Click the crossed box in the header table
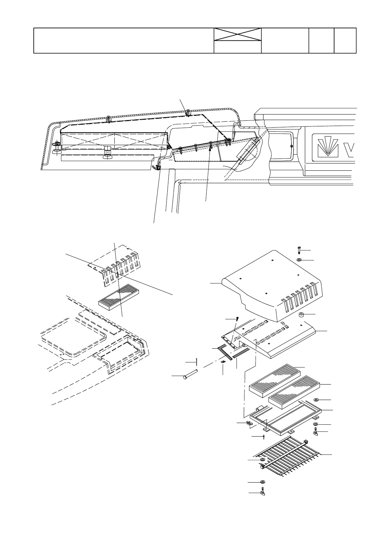(x=238, y=35)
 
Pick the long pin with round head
(x=190, y=375)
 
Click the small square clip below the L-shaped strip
(x=223, y=362)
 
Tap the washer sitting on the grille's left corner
(x=263, y=459)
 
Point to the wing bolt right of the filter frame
(x=316, y=432)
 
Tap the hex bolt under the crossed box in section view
(x=107, y=153)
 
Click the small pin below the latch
(x=264, y=437)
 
